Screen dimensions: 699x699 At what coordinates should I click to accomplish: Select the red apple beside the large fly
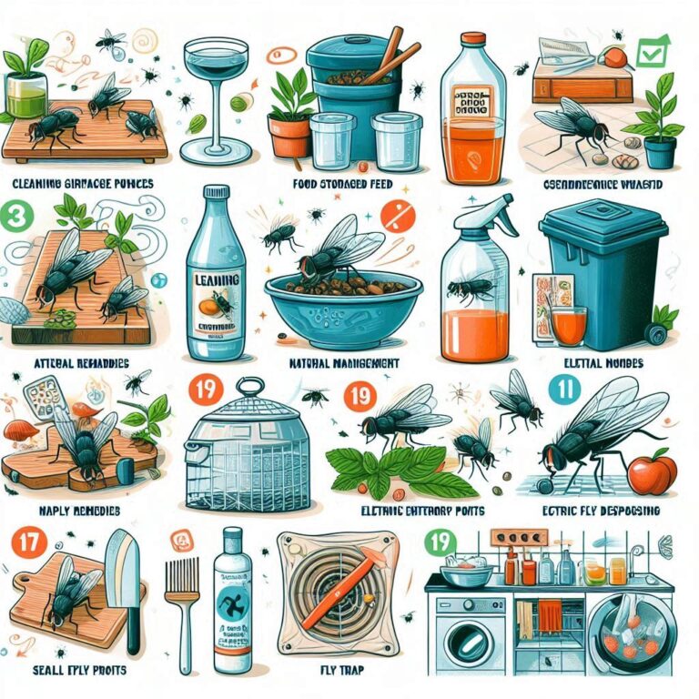pyautogui.click(x=653, y=473)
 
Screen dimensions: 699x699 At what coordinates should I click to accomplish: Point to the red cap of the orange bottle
pyautogui.click(x=471, y=42)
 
